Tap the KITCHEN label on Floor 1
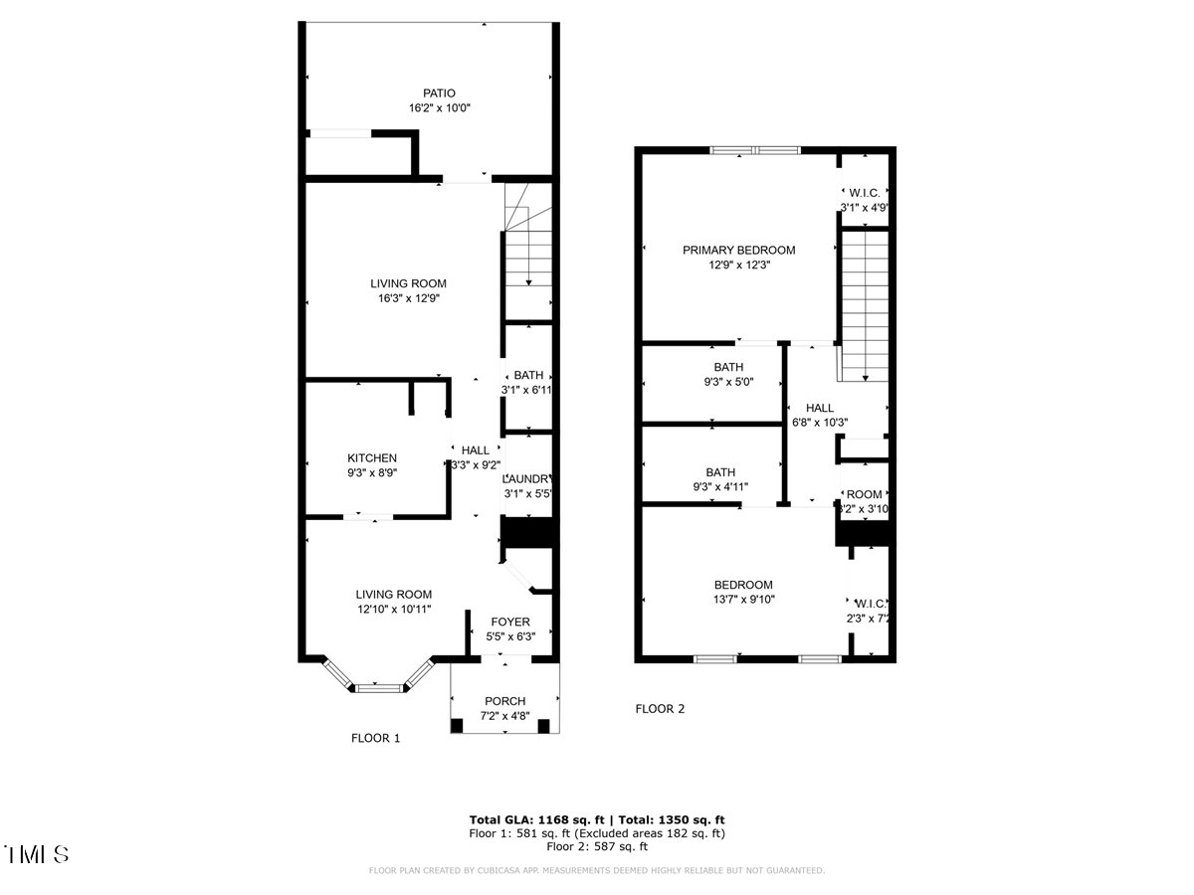pos(372,458)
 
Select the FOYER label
pos(508,623)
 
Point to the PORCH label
pos(504,701)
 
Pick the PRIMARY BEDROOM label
pos(738,250)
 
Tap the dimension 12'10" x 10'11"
pos(394,609)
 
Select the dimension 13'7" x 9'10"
pos(743,599)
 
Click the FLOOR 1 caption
pos(375,738)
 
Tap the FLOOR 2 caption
pos(660,709)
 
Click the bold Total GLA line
pos(597,819)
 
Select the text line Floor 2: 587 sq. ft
pos(597,847)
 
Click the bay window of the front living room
pos(377,685)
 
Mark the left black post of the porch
pos(457,725)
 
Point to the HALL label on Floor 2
pos(820,408)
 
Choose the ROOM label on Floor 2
pos(865,494)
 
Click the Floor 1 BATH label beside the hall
pos(528,375)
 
